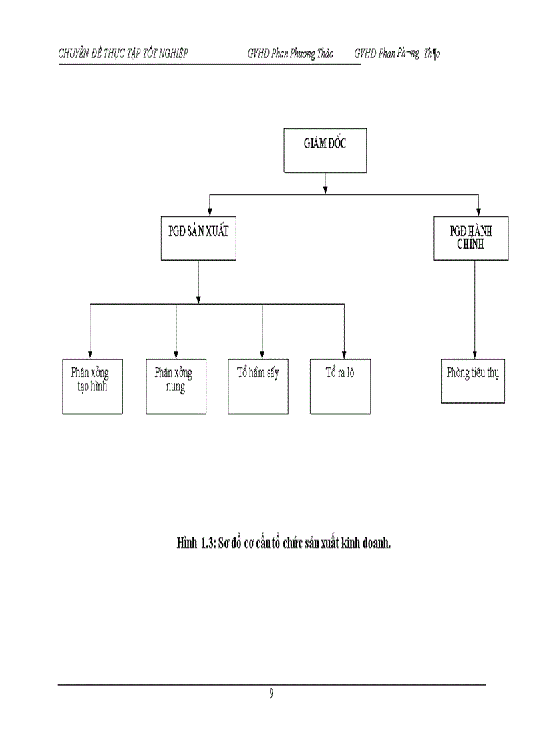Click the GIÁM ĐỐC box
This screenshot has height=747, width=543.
point(325,150)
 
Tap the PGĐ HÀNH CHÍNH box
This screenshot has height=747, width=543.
point(470,237)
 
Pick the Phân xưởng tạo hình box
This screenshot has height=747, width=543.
point(92,386)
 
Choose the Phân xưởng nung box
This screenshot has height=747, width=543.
point(176,386)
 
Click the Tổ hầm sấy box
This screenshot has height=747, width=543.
point(258,386)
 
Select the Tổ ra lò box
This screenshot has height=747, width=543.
point(340,386)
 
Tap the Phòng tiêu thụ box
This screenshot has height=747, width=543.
point(472,380)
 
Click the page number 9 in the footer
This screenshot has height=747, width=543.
point(271,694)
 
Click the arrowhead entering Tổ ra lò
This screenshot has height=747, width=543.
point(344,354)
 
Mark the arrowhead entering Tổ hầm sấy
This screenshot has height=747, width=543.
point(262,354)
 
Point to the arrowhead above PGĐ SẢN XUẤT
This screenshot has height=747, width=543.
point(210,211)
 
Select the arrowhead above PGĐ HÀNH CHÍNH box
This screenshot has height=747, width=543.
point(478,211)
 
